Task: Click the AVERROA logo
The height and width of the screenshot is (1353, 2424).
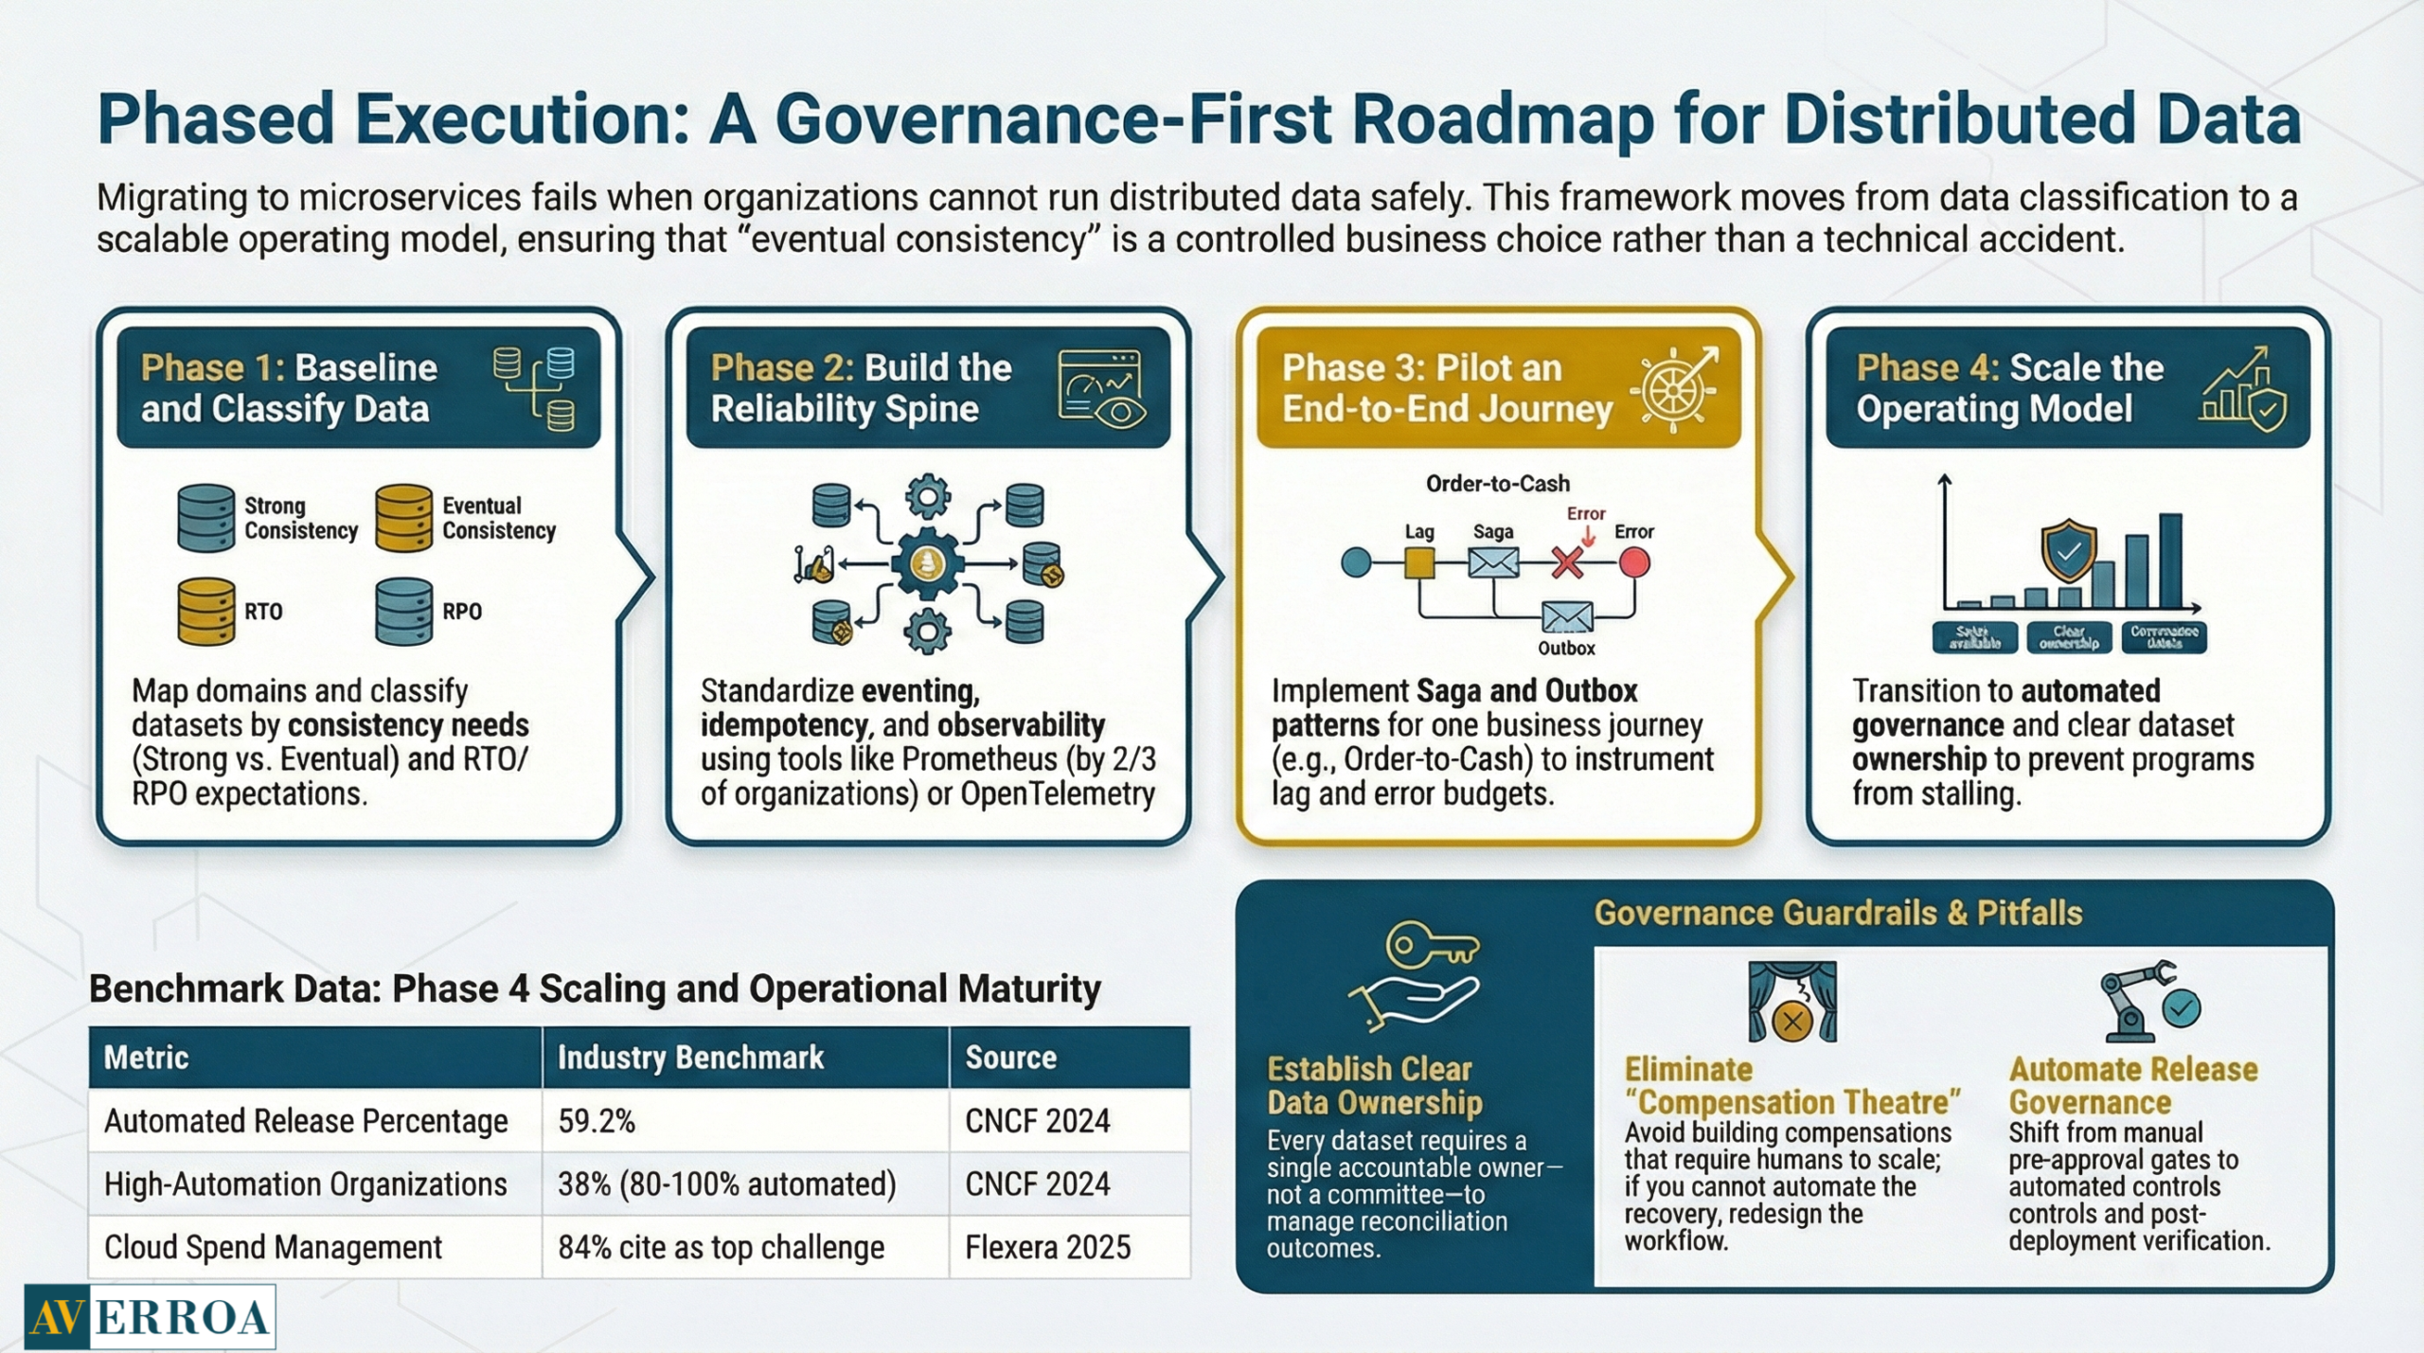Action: click(150, 1316)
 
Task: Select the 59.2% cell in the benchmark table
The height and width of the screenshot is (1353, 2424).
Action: click(597, 1121)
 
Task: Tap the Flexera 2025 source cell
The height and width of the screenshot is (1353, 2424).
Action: click(1047, 1247)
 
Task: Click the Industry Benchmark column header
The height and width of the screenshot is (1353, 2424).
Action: click(690, 1057)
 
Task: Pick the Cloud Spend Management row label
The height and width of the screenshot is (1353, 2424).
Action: click(273, 1247)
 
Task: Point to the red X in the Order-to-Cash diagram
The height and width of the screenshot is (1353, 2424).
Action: click(1567, 563)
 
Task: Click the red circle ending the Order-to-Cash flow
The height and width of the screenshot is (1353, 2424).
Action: click(1634, 562)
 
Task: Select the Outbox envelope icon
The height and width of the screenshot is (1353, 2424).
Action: click(1567, 617)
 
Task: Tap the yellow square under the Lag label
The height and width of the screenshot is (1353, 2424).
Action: click(1418, 562)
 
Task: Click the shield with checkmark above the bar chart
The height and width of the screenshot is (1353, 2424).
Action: click(2069, 550)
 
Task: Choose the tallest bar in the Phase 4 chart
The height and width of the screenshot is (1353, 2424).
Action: click(2170, 560)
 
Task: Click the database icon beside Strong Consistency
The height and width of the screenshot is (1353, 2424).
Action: click(205, 518)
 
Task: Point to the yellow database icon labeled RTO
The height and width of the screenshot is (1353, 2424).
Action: click(205, 612)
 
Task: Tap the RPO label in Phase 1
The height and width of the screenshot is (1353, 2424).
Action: click(462, 612)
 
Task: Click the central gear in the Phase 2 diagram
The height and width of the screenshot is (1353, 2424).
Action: click(927, 563)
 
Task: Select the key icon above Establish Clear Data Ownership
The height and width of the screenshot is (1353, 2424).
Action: click(1430, 944)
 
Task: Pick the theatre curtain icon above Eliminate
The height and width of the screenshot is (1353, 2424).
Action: click(1791, 1002)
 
